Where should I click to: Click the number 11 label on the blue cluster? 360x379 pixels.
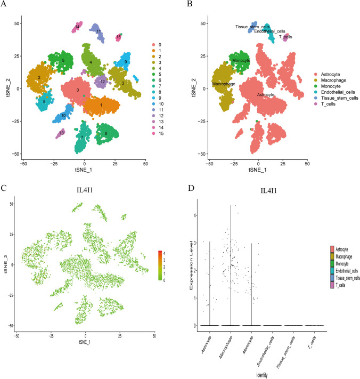pyautogui.click(x=99, y=31)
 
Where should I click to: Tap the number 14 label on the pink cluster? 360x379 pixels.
pyautogui.click(x=78, y=27)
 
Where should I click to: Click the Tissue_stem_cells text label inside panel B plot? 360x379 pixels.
pyautogui.click(x=252, y=27)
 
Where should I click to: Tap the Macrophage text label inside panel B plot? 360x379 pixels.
pyautogui.click(x=224, y=84)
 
